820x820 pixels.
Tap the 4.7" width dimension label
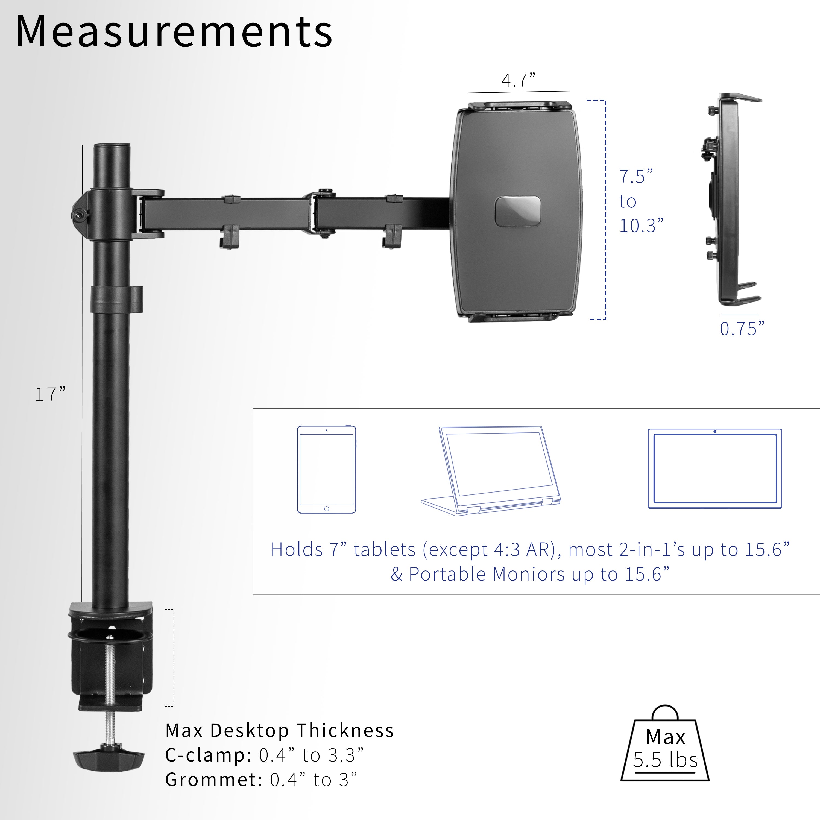518,80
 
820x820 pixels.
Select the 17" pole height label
50,395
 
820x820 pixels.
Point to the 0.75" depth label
742,329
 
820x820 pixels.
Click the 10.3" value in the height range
641,226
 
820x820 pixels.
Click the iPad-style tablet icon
326,469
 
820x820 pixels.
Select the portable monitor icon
715,468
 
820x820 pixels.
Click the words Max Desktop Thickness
280,730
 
